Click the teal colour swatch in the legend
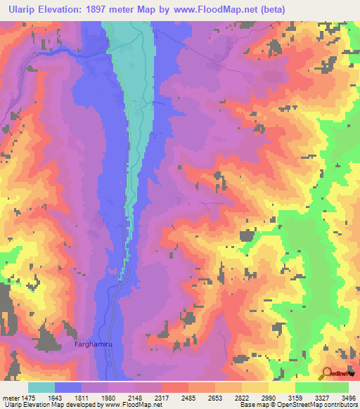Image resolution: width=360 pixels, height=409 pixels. [41, 387]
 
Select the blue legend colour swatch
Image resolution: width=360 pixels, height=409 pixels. [68, 387]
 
